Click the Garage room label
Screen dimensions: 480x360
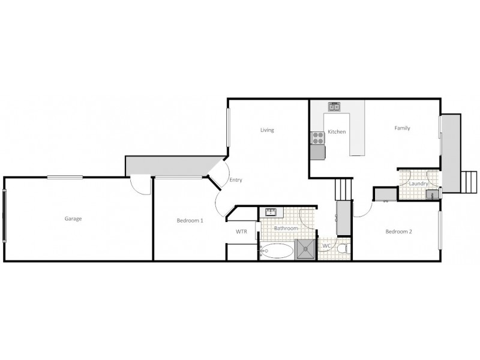point(73,218)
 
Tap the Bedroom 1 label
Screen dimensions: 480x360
point(190,220)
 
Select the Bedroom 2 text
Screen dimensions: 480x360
point(398,232)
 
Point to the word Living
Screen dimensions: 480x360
point(267,130)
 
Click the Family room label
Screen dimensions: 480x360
point(402,128)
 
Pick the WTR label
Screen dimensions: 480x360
point(241,232)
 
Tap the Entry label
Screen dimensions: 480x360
point(236,180)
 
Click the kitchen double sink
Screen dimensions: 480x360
point(335,107)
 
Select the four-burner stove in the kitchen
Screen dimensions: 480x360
point(317,138)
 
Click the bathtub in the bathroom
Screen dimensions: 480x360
point(277,251)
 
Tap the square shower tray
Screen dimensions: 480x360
point(305,250)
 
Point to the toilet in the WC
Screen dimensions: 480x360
point(343,248)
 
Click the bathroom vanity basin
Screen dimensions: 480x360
point(271,212)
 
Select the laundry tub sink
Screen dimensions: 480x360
point(432,194)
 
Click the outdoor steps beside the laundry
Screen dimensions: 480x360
point(469,182)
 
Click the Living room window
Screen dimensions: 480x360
point(228,127)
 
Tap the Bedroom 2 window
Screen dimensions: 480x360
point(440,230)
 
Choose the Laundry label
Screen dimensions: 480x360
point(418,184)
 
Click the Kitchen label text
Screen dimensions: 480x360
point(337,131)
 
